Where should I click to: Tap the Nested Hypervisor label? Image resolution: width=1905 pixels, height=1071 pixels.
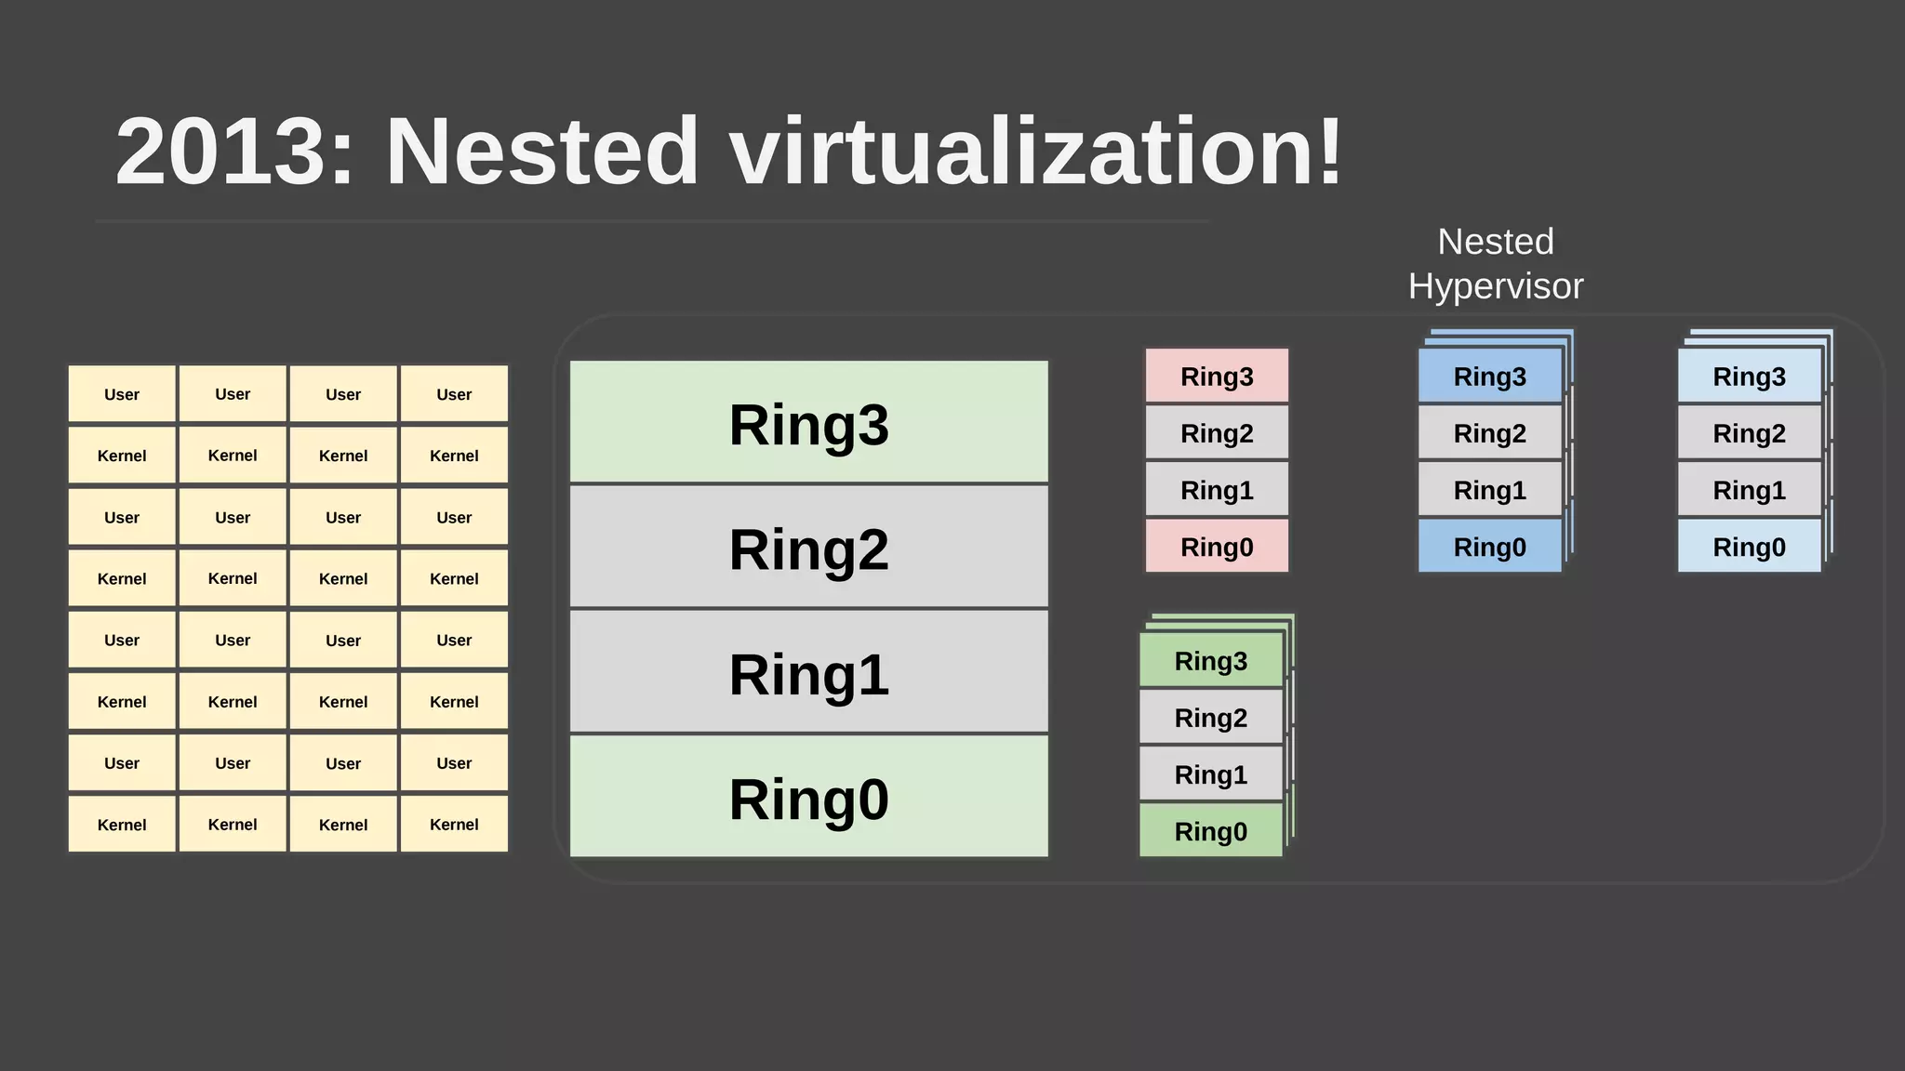pyautogui.click(x=1495, y=264)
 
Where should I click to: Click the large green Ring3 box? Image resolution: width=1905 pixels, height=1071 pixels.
pyautogui.click(x=808, y=422)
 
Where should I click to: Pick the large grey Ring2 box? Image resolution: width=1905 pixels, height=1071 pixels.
pyautogui.click(x=808, y=548)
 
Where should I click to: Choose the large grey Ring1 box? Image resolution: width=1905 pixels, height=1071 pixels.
pyautogui.click(x=808, y=672)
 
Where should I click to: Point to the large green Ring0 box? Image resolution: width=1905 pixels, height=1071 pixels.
pyautogui.click(x=808, y=797)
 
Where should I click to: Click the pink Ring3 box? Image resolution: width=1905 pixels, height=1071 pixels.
pyautogui.click(x=1217, y=376)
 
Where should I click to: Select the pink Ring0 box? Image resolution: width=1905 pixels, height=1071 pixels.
pyautogui.click(x=1217, y=546)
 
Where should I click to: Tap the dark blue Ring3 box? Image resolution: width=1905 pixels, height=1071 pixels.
pyautogui.click(x=1489, y=376)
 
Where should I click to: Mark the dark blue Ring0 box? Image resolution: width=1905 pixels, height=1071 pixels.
pyautogui.click(x=1489, y=546)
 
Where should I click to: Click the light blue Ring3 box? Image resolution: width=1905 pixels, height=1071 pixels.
pyautogui.click(x=1749, y=376)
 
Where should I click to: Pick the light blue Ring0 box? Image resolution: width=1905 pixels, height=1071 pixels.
pyautogui.click(x=1749, y=546)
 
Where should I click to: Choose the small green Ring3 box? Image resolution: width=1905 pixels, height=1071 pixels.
pyautogui.click(x=1210, y=660)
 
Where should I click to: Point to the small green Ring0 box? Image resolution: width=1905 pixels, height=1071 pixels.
pyautogui.click(x=1210, y=830)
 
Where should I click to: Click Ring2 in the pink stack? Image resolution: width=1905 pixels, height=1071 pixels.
pyautogui.click(x=1217, y=432)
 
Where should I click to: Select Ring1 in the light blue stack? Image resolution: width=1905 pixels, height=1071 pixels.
pyautogui.click(x=1749, y=489)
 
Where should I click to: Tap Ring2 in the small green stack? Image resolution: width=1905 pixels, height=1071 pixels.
pyautogui.click(x=1210, y=717)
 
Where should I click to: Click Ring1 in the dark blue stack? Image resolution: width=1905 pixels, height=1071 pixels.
pyautogui.click(x=1489, y=489)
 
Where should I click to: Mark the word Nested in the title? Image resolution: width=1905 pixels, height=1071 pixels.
pyautogui.click(x=541, y=152)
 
